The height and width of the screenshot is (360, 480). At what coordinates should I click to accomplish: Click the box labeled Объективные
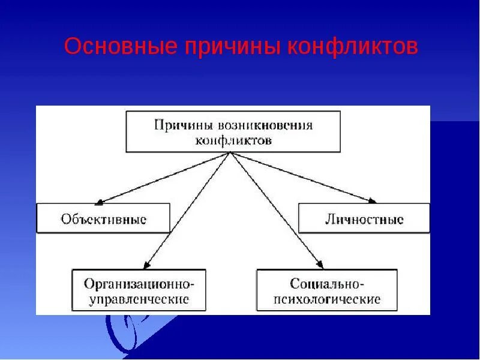click(x=103, y=218)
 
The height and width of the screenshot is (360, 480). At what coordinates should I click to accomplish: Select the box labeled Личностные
click(x=364, y=218)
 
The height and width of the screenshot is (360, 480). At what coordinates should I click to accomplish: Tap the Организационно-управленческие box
click(x=139, y=290)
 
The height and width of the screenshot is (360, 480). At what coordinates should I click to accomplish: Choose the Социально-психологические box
click(x=326, y=290)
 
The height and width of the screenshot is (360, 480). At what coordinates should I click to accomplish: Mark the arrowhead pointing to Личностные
click(x=373, y=201)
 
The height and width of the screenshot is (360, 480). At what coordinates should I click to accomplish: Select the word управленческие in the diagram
click(x=139, y=298)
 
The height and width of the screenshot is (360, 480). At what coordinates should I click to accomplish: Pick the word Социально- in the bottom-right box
click(x=327, y=282)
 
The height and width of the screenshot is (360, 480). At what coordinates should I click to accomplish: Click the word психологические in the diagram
click(x=327, y=298)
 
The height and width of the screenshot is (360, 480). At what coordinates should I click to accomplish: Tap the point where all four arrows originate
click(x=230, y=152)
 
